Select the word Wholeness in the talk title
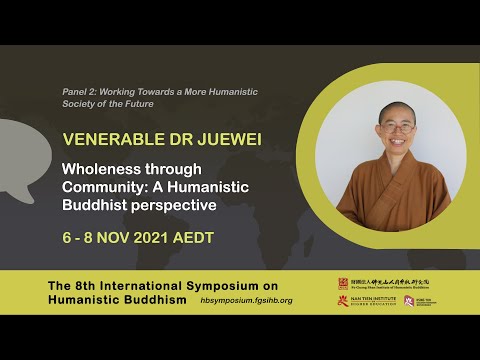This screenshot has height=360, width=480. coord(102,169)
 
